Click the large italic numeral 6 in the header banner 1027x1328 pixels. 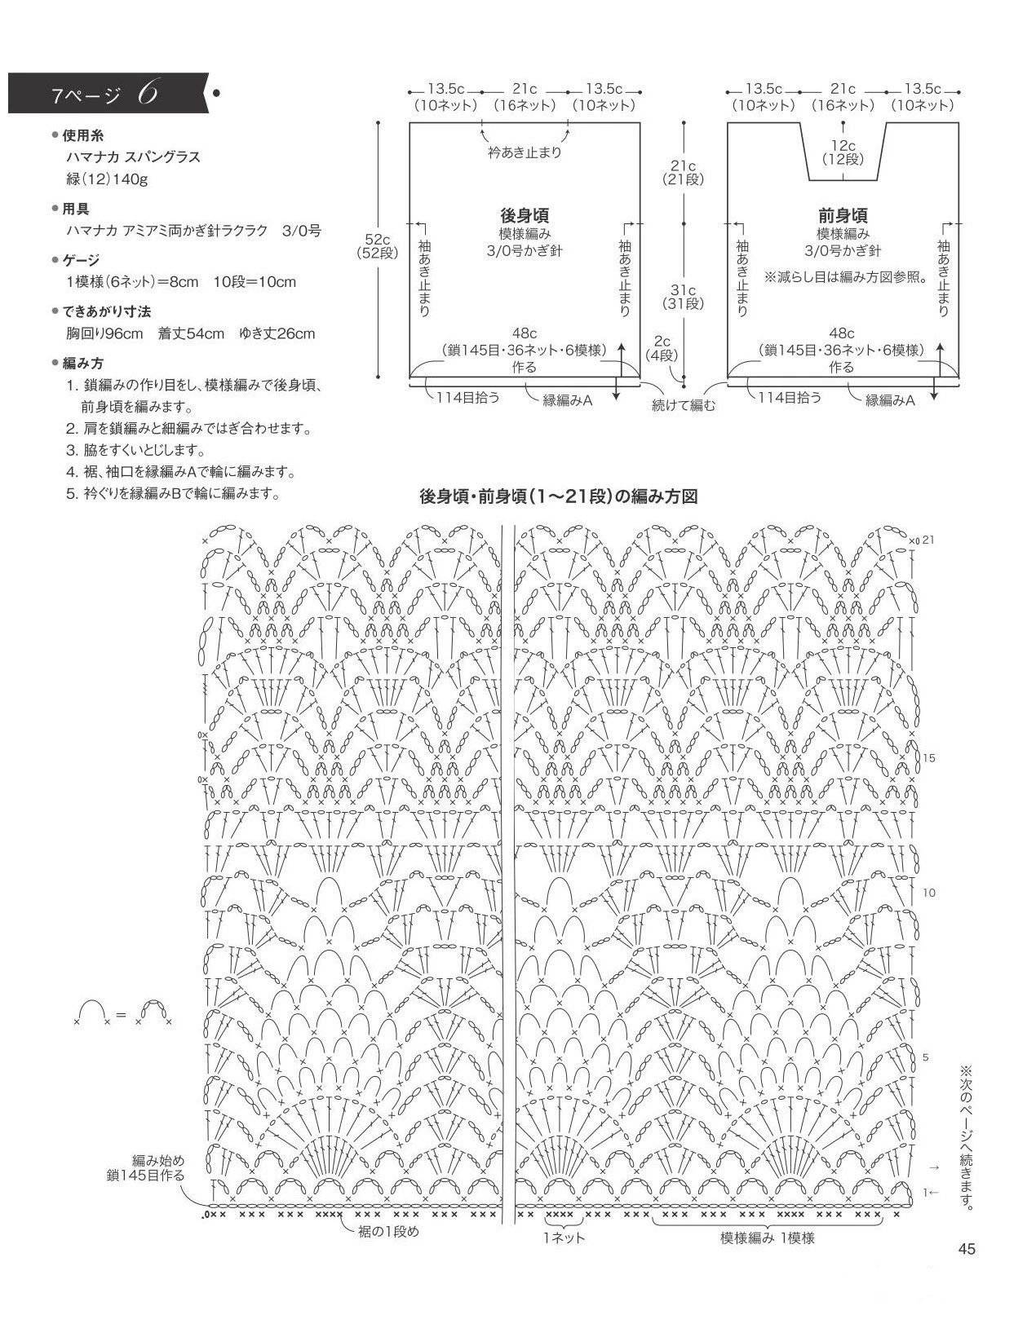tap(148, 93)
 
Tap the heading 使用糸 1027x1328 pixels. tap(82, 135)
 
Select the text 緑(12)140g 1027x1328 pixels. tap(107, 179)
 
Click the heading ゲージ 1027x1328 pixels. tap(81, 260)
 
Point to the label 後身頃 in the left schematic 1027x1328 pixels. tap(525, 215)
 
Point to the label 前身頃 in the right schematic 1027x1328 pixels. tap(843, 215)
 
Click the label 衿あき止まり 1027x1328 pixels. tap(525, 152)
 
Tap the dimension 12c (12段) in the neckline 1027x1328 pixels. tap(843, 152)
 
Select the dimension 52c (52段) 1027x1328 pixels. tap(377, 246)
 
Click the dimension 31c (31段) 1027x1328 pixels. tap(684, 297)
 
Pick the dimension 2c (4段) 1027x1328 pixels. tap(662, 347)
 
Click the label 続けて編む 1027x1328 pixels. tap(684, 405)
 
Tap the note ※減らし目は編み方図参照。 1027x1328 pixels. tap(846, 277)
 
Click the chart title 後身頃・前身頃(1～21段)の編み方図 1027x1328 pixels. tap(559, 496)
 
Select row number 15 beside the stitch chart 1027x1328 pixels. tap(929, 758)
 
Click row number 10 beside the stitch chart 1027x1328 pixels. tap(929, 893)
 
